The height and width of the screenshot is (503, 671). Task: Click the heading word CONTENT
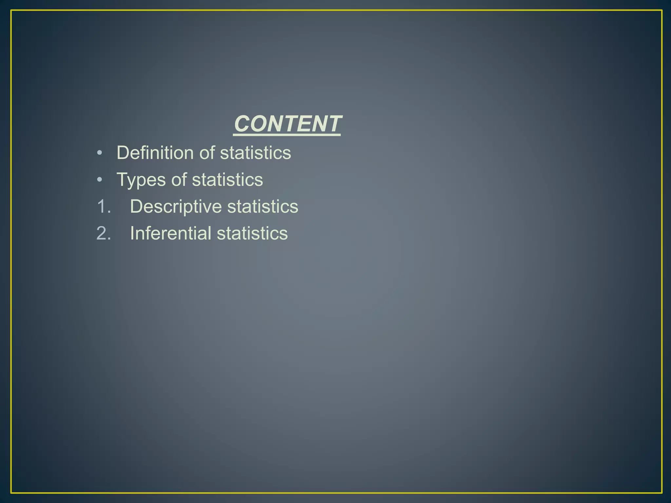coord(287,124)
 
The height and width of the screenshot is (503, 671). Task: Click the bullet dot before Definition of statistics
coord(100,153)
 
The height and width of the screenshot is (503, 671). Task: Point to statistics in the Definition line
coord(256,153)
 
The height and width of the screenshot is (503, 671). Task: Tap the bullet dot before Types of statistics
coord(100,180)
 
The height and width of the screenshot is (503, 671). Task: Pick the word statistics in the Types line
coord(227,180)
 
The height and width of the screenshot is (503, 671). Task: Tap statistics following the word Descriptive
coord(263,207)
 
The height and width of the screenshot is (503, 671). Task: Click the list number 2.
coord(104,233)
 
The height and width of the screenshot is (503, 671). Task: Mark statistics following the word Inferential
coord(252,233)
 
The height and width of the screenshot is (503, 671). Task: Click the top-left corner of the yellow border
coord(11,10)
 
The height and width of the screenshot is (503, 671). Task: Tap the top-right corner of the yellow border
coord(662,10)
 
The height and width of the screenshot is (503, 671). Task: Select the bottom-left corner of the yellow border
coord(11,493)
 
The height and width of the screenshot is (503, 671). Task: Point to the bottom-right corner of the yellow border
coord(662,493)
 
